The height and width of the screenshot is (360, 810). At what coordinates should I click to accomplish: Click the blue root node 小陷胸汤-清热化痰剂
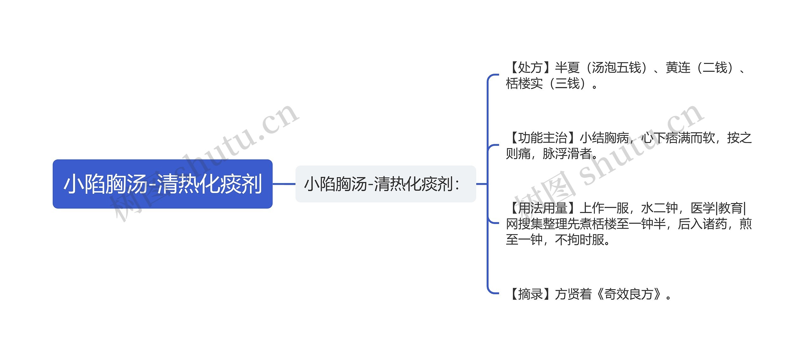tap(162, 184)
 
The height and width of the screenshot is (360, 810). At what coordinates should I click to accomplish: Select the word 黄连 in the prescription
tap(678, 68)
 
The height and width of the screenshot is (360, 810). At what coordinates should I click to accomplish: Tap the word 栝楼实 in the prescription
tap(524, 84)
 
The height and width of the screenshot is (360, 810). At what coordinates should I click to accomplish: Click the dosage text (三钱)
tap(568, 84)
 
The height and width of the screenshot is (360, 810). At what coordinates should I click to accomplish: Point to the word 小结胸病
tap(604, 138)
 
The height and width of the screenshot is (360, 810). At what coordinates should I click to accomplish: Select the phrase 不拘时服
tap(580, 240)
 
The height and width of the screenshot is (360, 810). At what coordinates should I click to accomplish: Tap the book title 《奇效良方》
tap(629, 294)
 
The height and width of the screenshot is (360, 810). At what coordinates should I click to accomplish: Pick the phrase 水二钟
tap(659, 208)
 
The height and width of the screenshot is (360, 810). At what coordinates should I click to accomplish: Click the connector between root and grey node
tap(284, 184)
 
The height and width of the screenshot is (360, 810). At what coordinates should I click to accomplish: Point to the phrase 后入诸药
tap(702, 224)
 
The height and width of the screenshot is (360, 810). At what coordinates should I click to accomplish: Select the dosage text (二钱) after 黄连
tap(715, 68)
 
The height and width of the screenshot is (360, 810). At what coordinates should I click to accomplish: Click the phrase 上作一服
tap(604, 208)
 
